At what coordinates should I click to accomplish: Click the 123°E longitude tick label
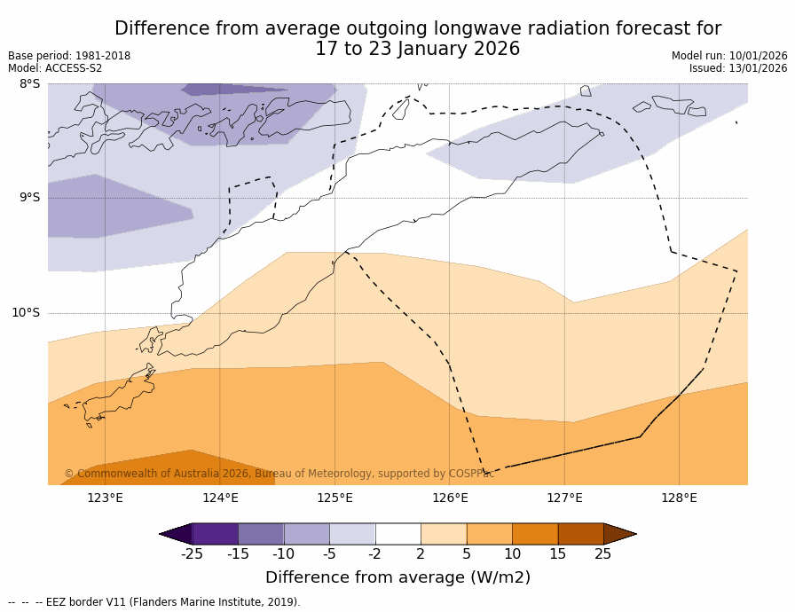[x=105, y=498]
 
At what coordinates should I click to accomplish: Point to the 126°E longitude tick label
[x=450, y=498]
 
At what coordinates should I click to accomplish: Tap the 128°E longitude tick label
[x=679, y=498]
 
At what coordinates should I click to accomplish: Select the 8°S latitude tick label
[x=30, y=84]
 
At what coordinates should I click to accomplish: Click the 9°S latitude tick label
[x=30, y=198]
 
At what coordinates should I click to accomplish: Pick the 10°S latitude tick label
[x=26, y=313]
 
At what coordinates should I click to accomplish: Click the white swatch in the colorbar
[x=397, y=534]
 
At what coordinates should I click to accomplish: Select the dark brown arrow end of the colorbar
[x=618, y=534]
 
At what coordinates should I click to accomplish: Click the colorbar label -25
[x=192, y=555]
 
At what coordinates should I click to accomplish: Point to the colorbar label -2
[x=374, y=555]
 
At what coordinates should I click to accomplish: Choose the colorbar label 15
[x=557, y=555]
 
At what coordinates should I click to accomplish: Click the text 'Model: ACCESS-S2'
[x=55, y=68]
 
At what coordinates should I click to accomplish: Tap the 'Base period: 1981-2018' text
[x=69, y=56]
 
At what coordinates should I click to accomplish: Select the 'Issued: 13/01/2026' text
[x=738, y=68]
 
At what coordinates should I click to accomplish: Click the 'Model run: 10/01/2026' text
[x=729, y=56]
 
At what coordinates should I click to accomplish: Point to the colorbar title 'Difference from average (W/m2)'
[x=397, y=578]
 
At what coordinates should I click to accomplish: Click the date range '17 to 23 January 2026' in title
[x=418, y=50]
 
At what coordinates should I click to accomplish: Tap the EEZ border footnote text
[x=154, y=602]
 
